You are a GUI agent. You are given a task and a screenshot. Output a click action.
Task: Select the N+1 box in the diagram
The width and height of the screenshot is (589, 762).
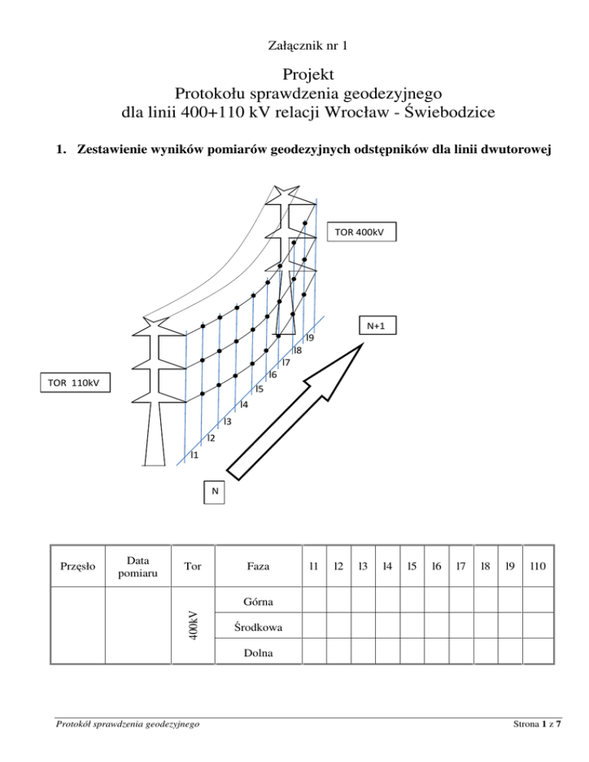[x=375, y=325]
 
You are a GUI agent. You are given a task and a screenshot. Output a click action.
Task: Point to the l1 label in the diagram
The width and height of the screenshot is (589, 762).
[x=194, y=455]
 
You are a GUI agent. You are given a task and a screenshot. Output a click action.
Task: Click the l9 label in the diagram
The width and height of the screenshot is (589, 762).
[x=310, y=337]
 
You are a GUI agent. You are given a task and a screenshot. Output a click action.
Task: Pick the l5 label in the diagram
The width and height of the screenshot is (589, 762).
[x=259, y=389]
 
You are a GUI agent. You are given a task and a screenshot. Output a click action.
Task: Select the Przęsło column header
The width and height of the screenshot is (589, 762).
[x=77, y=567]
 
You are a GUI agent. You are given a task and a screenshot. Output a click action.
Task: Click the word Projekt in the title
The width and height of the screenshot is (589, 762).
[x=294, y=75]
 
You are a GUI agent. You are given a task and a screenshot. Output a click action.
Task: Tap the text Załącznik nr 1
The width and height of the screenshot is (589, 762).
[x=294, y=46]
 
